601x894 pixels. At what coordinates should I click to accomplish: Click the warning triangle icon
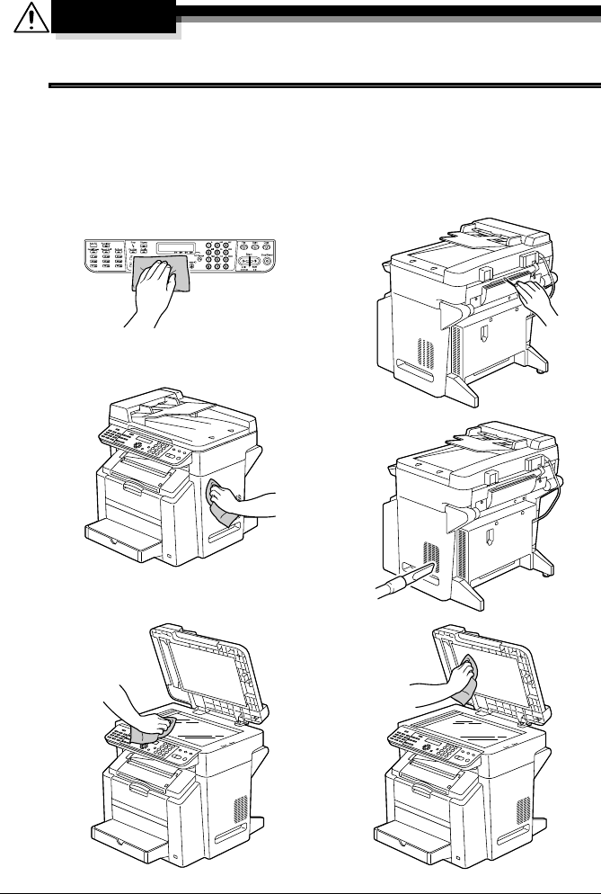[x=31, y=19]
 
